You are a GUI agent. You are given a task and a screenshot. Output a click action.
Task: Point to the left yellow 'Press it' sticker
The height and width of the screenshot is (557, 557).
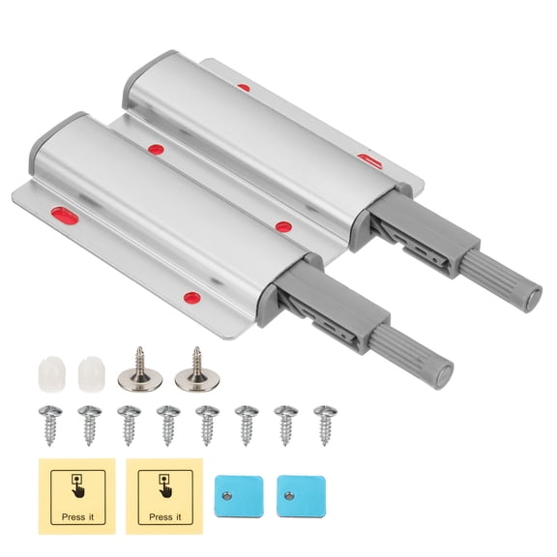tap(76, 493)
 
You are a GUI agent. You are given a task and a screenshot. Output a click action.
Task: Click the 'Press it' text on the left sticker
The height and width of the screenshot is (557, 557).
tap(75, 517)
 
